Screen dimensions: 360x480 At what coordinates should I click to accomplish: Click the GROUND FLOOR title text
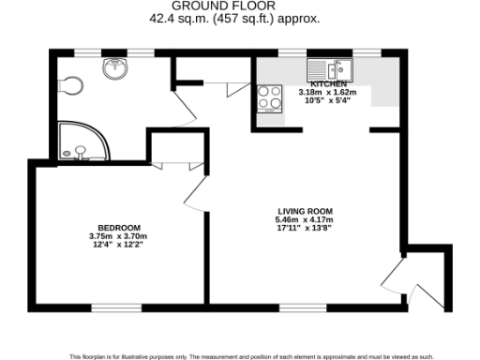(239, 7)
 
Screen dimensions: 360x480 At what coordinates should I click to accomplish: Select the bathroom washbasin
(114, 67)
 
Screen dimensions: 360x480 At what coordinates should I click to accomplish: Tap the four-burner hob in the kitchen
(269, 97)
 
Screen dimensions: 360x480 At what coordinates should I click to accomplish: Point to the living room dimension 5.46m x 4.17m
(305, 219)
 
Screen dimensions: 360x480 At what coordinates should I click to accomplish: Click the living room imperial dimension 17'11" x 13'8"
(305, 228)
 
